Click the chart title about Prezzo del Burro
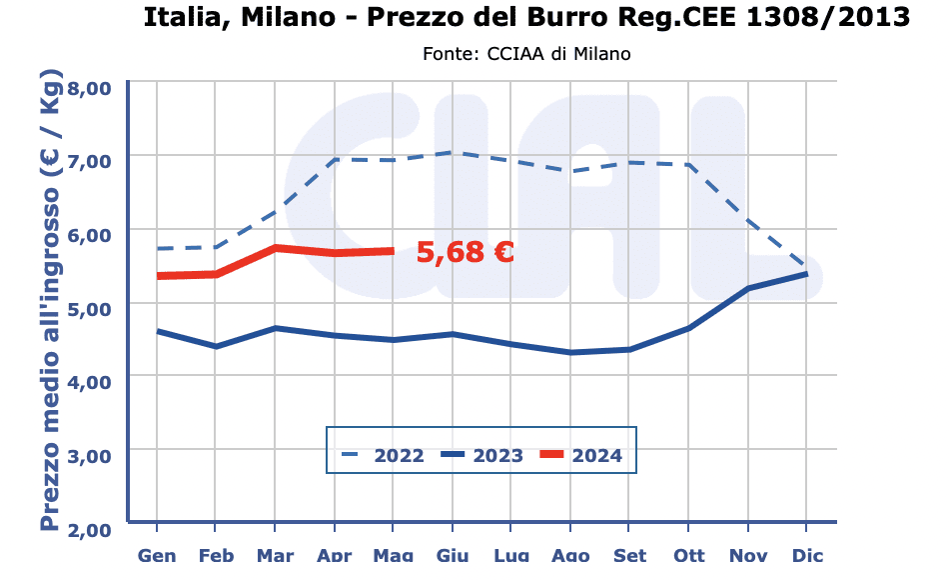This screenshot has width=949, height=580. coord(526,17)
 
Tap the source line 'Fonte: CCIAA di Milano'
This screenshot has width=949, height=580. coord(526,53)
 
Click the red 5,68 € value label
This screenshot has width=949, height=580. coord(465,252)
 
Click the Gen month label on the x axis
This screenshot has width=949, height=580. coord(157,555)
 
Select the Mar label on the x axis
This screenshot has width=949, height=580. coord(275,555)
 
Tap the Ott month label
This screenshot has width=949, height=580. coord(688,555)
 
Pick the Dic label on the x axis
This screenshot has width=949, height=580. coord(807,555)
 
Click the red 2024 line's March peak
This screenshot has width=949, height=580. coord(275,248)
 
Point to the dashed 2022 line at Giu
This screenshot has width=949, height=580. coord(453,152)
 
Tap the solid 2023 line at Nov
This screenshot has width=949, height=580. coord(747,288)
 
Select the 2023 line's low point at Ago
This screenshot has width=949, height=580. coord(570,352)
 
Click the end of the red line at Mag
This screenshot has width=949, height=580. coord(393,251)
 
